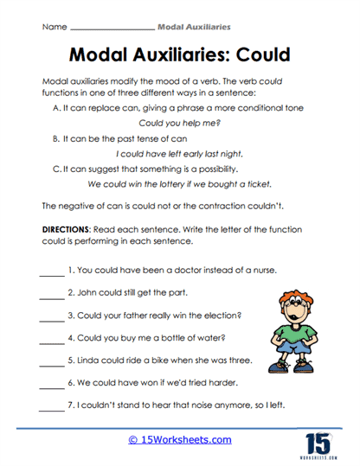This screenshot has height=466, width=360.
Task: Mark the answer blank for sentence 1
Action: point(52,271)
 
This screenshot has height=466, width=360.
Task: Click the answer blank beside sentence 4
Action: point(52,338)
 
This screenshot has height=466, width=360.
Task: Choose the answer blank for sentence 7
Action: point(52,405)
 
